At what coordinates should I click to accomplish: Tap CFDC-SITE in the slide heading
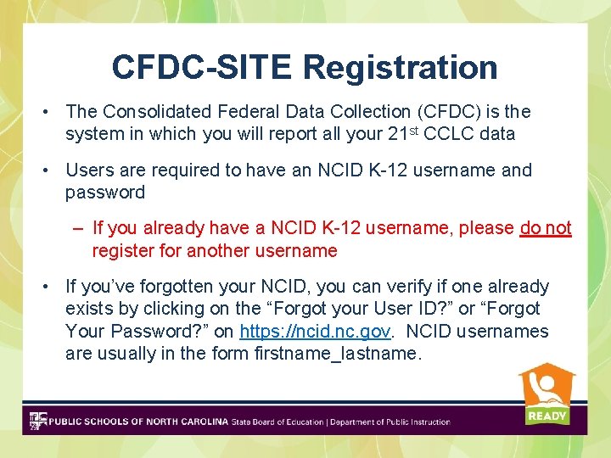[203, 67]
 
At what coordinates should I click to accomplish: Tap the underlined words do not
[546, 228]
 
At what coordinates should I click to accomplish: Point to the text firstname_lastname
[337, 354]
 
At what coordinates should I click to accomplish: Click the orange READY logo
[547, 394]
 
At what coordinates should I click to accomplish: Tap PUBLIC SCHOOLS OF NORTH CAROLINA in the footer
[138, 422]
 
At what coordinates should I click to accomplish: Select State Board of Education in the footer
[277, 422]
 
